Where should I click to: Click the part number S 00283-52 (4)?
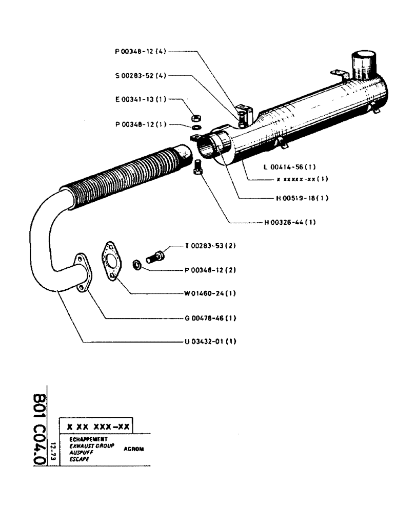click(140, 75)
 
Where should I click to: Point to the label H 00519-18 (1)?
click(295, 198)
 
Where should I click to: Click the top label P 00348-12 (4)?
click(140, 51)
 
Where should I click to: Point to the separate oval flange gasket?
click(110, 261)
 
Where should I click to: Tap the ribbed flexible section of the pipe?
click(128, 174)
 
